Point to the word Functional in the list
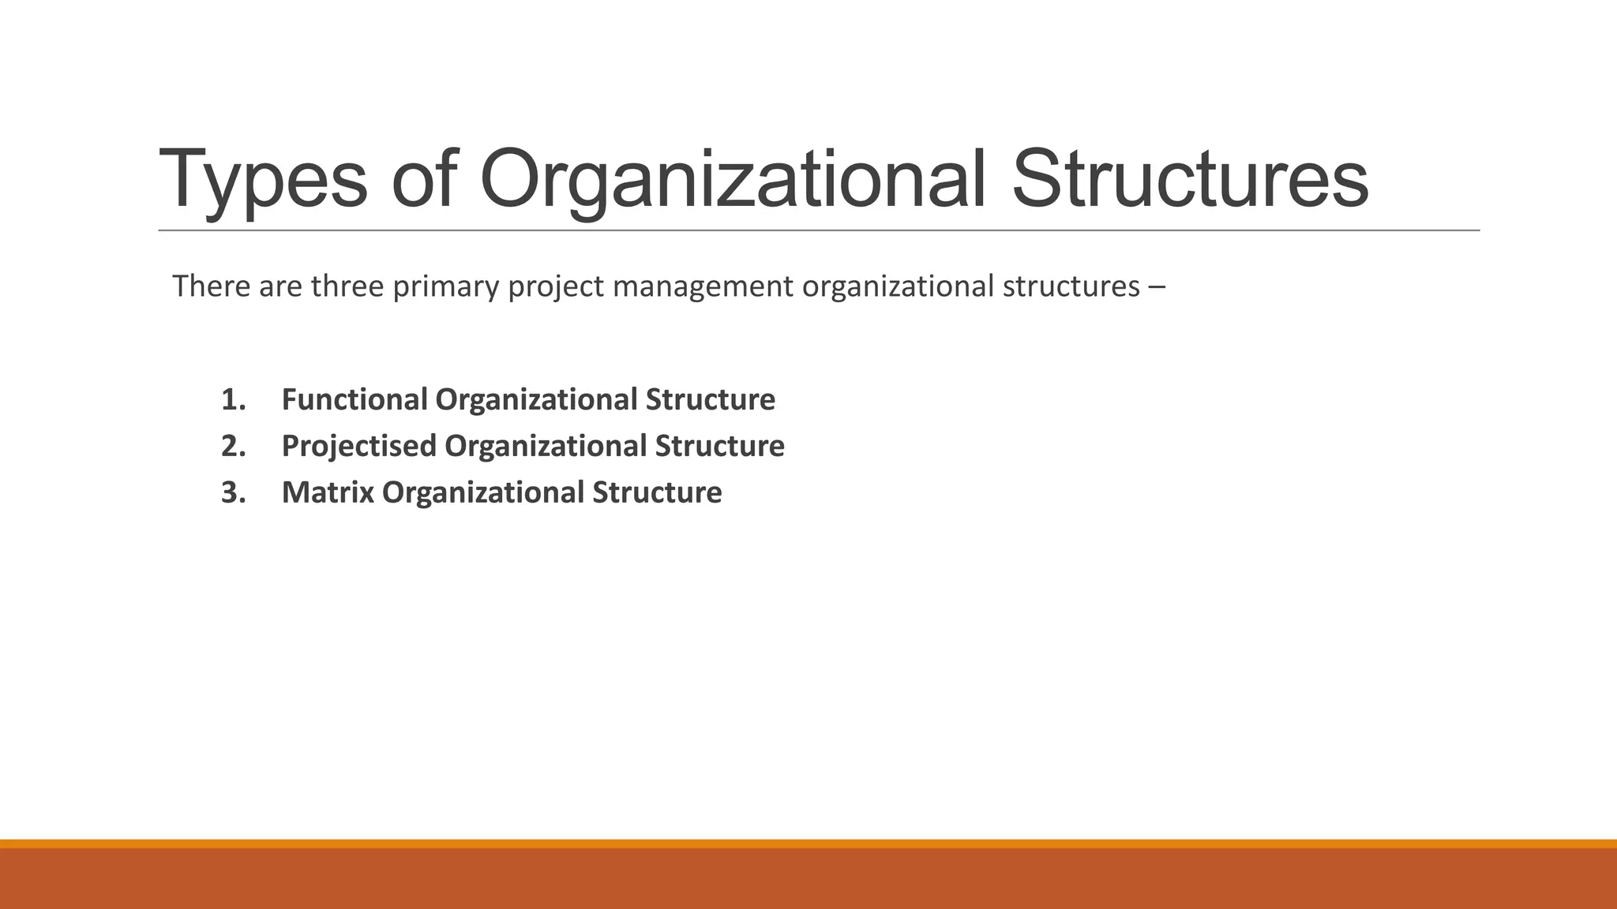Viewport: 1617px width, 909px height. pyautogui.click(x=355, y=399)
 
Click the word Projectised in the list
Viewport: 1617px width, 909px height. pyautogui.click(x=358, y=446)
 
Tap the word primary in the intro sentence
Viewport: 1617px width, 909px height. pyautogui.click(x=445, y=286)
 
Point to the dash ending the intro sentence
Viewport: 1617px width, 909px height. pyautogui.click(x=1157, y=286)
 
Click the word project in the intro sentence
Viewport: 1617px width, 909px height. pyautogui.click(x=556, y=286)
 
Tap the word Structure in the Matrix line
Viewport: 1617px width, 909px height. pyautogui.click(x=657, y=492)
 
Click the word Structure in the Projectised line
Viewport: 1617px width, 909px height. pyautogui.click(x=719, y=446)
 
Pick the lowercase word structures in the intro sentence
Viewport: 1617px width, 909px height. pyautogui.click(x=1071, y=286)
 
